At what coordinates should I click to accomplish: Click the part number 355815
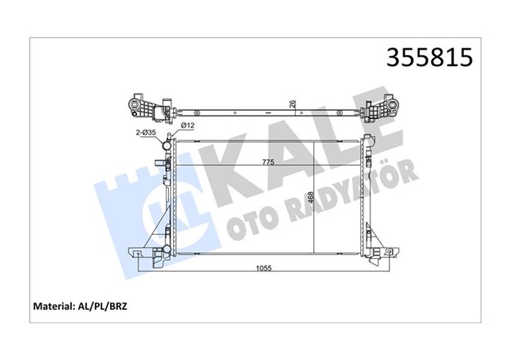click(x=429, y=58)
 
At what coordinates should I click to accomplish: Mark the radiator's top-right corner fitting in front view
click(x=369, y=143)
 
